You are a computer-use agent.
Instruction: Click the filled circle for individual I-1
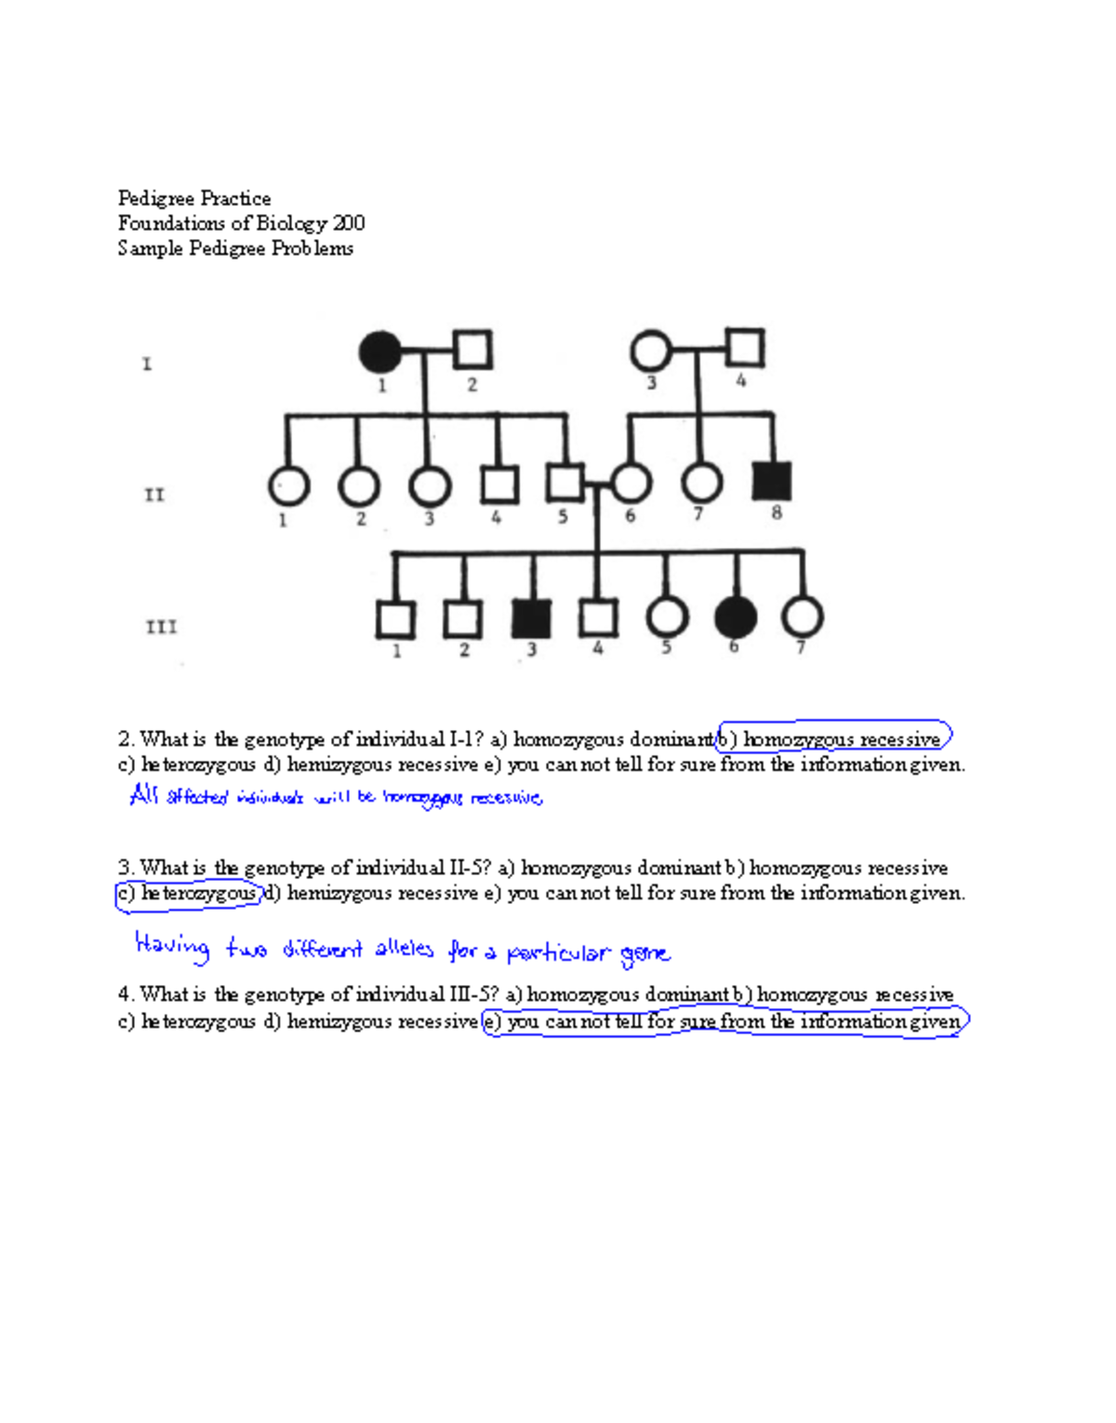pos(379,352)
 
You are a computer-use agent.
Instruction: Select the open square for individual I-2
pos(472,350)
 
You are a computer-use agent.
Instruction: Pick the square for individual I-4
pos(745,348)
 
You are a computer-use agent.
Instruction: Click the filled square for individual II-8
pos(772,481)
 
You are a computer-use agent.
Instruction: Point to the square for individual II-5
pos(565,483)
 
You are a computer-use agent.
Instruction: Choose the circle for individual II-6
pos(631,483)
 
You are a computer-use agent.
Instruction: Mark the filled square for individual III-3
pos(531,618)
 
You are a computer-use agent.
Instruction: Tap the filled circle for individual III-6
pos(736,617)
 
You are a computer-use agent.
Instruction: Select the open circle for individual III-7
pos(803,617)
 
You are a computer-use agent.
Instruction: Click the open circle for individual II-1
pos(288,485)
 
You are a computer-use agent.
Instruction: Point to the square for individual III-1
pos(395,619)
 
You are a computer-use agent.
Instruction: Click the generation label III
pos(161,627)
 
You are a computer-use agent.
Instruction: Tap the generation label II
pos(154,495)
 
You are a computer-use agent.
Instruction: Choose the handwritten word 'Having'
pos(172,946)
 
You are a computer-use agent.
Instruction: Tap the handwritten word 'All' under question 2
pos(144,795)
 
